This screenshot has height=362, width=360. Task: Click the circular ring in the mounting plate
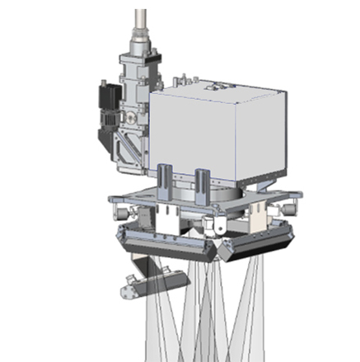tap(210, 198)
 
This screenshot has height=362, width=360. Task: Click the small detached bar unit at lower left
tap(147, 282)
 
